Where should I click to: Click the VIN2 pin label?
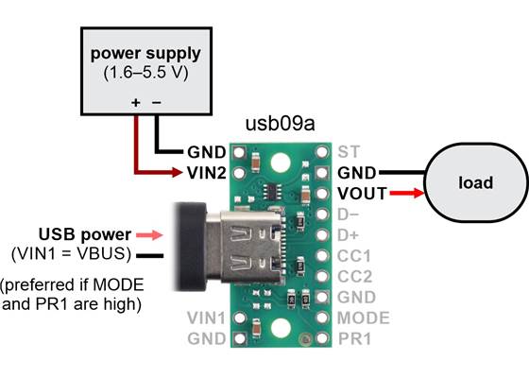(206, 172)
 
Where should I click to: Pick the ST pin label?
(348, 150)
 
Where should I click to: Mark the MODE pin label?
(363, 318)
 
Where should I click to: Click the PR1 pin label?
(353, 338)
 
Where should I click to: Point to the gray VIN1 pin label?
(207, 318)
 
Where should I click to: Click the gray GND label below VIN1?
(207, 338)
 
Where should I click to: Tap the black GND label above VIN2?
(206, 151)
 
